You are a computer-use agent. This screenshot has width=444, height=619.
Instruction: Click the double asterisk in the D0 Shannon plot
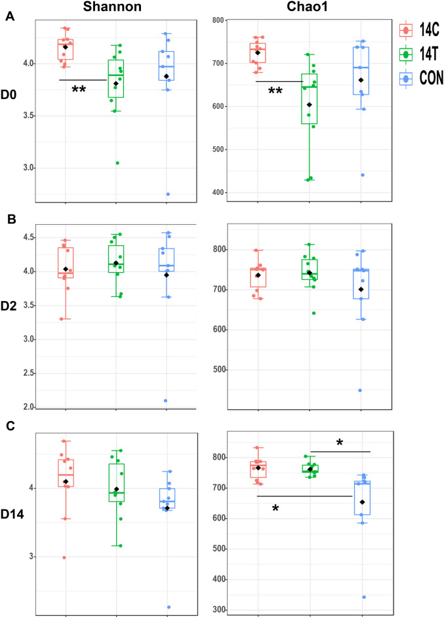coord(79,90)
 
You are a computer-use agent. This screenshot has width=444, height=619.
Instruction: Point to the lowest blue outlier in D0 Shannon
coord(167,194)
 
